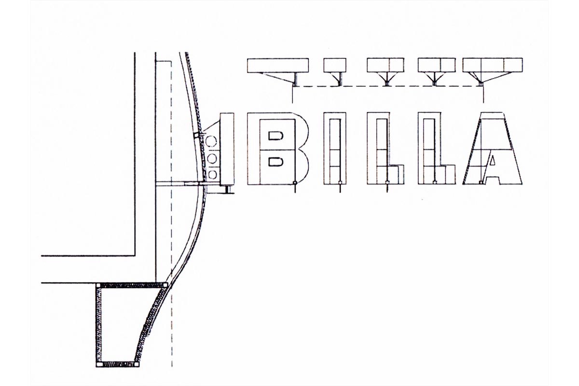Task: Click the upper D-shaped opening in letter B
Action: pos(276,136)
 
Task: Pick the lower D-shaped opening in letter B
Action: pos(276,162)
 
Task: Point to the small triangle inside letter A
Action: pos(493,160)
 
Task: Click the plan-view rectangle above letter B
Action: pos(278,65)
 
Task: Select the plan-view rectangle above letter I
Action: pos(335,65)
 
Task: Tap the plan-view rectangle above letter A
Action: pos(493,65)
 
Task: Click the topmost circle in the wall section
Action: pos(211,141)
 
